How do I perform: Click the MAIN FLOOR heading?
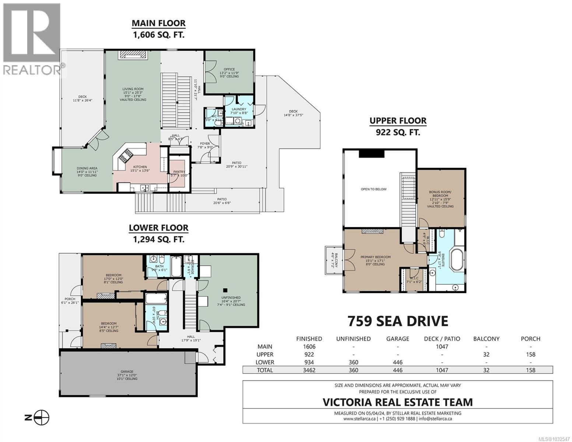click(x=159, y=23)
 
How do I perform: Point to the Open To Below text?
click(x=373, y=189)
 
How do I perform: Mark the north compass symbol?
click(x=43, y=417)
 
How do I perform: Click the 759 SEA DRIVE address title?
click(x=398, y=321)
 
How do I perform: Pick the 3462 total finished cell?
click(x=309, y=370)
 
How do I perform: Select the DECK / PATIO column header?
click(x=442, y=338)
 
